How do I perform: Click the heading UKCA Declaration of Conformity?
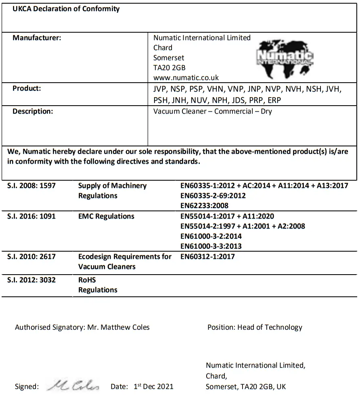(x=66, y=9)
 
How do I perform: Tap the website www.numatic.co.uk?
(x=186, y=77)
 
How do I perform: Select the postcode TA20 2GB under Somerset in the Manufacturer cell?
(x=169, y=67)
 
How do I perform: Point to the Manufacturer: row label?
(x=37, y=38)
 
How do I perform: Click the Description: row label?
(x=33, y=111)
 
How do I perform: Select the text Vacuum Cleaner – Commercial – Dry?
(x=212, y=111)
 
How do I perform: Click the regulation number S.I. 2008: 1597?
(x=31, y=186)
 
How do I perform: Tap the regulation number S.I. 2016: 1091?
(x=31, y=216)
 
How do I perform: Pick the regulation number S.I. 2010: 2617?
(x=31, y=256)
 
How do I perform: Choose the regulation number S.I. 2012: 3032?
(x=31, y=280)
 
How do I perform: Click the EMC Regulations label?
(x=106, y=216)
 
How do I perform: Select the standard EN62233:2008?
(x=204, y=206)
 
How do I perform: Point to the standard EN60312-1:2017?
(x=207, y=256)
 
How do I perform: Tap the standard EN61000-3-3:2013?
(x=211, y=246)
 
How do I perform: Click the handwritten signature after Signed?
(x=73, y=386)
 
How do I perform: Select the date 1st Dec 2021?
(x=153, y=386)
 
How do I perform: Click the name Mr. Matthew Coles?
(x=118, y=327)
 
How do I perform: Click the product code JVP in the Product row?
(x=160, y=89)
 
